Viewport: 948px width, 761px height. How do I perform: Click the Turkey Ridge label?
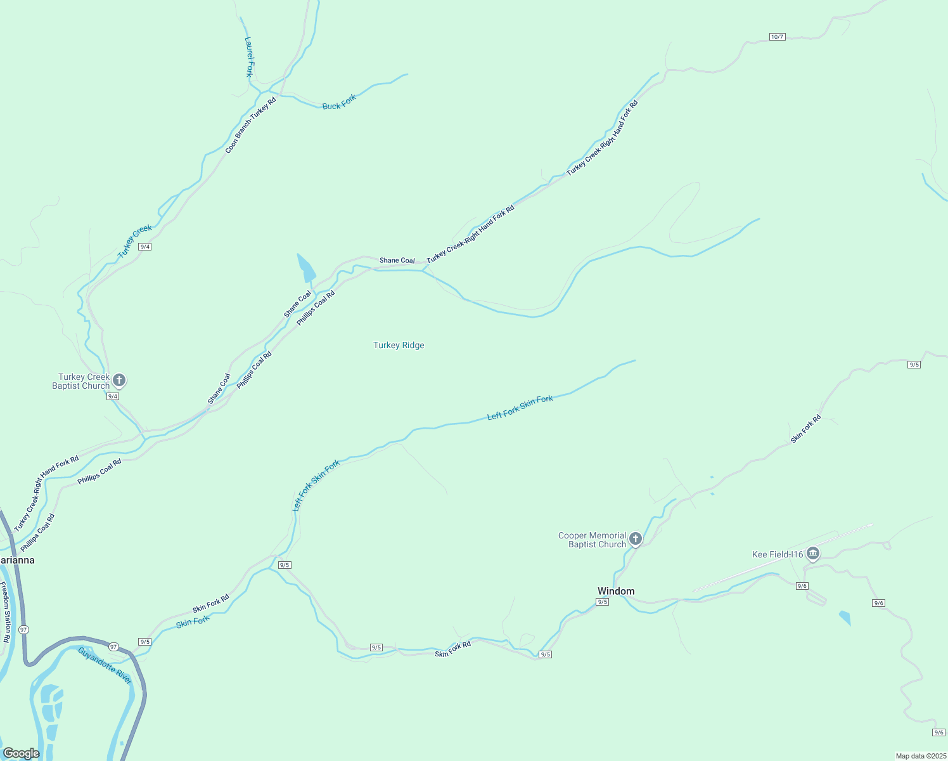pyautogui.click(x=399, y=345)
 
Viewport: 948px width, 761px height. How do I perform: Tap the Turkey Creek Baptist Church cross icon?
pyautogui.click(x=118, y=380)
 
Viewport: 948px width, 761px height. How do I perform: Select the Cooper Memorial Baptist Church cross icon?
pyautogui.click(x=636, y=539)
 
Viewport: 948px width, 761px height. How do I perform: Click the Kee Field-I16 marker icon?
pyautogui.click(x=813, y=554)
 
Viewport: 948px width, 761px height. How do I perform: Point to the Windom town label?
pyautogui.click(x=616, y=591)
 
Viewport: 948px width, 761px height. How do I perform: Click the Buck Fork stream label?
pyautogui.click(x=339, y=102)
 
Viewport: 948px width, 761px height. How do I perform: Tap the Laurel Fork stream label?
pyautogui.click(x=249, y=56)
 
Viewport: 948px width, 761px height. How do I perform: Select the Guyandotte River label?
pyautogui.click(x=105, y=665)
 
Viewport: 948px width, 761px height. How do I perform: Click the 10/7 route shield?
pyautogui.click(x=778, y=37)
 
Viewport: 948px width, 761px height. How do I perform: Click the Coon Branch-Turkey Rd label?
pyautogui.click(x=251, y=126)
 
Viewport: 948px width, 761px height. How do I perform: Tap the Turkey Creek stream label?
pyautogui.click(x=135, y=241)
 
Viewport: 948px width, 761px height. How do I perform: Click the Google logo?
pyautogui.click(x=21, y=753)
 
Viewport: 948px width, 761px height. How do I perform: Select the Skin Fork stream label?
pyautogui.click(x=193, y=621)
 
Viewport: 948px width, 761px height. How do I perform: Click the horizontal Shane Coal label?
pyautogui.click(x=397, y=261)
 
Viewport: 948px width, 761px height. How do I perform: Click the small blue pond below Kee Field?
pyautogui.click(x=845, y=618)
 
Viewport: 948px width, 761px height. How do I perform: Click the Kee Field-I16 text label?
pyautogui.click(x=778, y=554)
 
